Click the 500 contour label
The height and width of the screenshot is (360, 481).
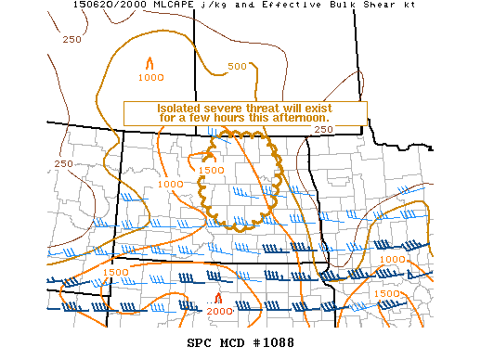click(x=237, y=66)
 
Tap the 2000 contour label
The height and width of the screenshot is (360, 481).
click(x=219, y=311)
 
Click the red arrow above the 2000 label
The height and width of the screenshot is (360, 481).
click(x=218, y=298)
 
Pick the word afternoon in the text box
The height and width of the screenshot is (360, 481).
click(x=298, y=119)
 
